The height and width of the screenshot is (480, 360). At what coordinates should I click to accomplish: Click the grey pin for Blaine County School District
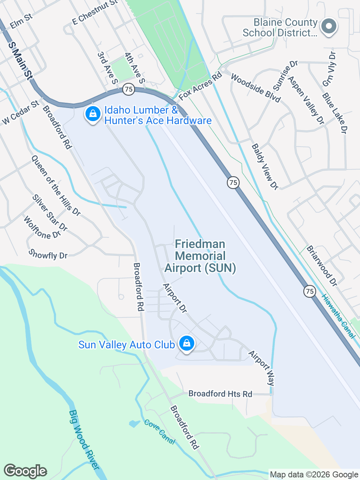(x=329, y=27)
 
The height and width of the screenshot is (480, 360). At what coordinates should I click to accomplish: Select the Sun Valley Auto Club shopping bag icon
(x=186, y=343)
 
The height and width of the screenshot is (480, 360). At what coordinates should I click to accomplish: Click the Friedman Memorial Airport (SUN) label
(x=200, y=256)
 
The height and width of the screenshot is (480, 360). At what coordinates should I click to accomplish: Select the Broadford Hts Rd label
(x=220, y=394)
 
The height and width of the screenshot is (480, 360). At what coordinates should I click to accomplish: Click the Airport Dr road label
(x=175, y=298)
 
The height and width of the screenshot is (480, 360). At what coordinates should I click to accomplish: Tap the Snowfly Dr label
(x=48, y=255)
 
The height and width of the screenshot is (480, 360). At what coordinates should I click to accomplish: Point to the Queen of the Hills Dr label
(x=55, y=186)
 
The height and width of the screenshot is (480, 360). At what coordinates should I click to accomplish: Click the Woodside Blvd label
(x=256, y=88)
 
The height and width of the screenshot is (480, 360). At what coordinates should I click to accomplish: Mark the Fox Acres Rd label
(x=200, y=86)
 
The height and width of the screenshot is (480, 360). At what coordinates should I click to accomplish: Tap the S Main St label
(x=20, y=60)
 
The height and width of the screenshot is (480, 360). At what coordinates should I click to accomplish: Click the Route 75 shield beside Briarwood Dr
(x=309, y=291)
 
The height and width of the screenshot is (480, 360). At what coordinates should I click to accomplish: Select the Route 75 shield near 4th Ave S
(x=129, y=89)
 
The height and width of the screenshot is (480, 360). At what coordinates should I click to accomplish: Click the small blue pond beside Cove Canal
(x=133, y=424)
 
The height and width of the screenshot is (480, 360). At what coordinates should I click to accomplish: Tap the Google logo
(x=25, y=471)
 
